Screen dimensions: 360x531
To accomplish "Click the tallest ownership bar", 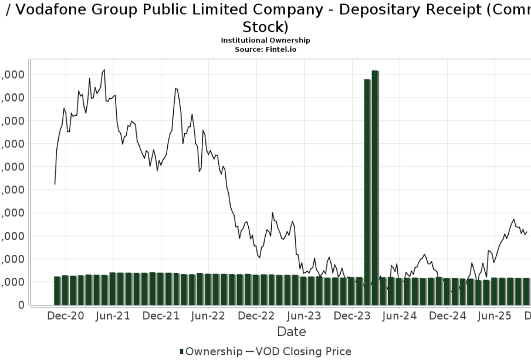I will [375, 187].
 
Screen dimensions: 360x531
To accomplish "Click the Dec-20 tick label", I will [66, 315].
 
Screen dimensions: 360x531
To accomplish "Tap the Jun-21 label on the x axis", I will [113, 315].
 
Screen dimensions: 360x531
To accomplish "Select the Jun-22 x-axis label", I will [208, 315].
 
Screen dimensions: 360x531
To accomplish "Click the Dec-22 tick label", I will [256, 315].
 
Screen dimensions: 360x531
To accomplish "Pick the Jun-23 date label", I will [303, 315].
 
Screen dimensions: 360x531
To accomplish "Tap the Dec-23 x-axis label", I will [351, 315].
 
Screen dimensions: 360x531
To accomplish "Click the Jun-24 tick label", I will [399, 315].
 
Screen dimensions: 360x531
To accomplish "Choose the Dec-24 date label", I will [447, 315].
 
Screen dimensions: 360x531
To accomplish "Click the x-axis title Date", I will [292, 332].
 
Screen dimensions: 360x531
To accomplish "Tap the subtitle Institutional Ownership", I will [265, 40].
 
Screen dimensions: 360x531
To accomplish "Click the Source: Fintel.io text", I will [265, 49].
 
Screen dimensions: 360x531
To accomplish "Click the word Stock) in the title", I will [265, 27].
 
